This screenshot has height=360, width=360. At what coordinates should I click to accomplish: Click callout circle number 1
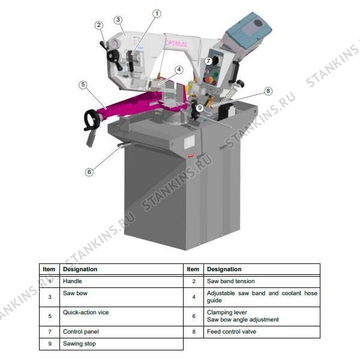157,14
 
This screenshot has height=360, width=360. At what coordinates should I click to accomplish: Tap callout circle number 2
99,25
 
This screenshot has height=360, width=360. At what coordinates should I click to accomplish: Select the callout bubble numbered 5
83,85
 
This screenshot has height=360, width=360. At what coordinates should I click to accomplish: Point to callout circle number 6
89,172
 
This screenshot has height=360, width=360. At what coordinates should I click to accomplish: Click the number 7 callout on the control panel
208,61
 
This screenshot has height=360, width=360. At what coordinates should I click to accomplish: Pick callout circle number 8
268,91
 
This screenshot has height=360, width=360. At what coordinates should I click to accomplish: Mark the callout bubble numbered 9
200,107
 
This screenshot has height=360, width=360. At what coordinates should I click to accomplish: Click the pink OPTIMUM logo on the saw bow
176,44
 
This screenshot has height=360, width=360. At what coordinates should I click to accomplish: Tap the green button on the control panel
215,74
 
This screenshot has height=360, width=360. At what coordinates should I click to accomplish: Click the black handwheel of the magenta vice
91,119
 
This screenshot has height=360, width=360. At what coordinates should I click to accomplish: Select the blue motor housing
248,31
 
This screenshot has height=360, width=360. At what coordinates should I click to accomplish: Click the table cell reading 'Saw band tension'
262,281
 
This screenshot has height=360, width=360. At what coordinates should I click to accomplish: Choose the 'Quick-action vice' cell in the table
121,316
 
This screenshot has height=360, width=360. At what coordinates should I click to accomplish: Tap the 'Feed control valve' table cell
262,332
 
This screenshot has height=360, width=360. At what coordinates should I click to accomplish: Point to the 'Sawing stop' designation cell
121,344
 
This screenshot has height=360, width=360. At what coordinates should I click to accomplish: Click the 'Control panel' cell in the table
121,332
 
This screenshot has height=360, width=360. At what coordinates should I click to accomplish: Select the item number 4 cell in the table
194,297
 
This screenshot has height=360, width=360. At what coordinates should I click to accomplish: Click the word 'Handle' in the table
73,281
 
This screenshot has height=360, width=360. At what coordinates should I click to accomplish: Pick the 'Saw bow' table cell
121,297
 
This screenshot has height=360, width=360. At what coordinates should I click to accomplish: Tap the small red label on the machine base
191,156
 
